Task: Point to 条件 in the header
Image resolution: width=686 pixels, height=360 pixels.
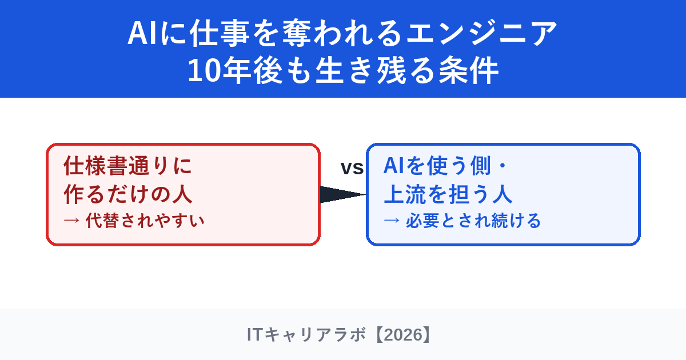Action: [x=469, y=70]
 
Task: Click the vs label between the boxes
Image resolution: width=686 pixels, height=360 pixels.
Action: [x=352, y=168]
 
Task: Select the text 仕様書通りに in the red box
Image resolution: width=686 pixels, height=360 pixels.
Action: [x=127, y=166]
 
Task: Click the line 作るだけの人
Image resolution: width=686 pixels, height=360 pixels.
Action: [x=127, y=194]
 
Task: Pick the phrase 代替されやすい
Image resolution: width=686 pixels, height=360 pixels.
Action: [x=145, y=221]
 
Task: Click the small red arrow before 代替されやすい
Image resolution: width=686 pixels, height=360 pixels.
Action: [x=71, y=221]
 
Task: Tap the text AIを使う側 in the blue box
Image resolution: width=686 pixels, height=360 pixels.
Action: [x=437, y=166]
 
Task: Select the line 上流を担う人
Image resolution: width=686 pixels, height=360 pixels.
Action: [x=448, y=194]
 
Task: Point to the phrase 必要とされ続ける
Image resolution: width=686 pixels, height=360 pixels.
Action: [x=473, y=221]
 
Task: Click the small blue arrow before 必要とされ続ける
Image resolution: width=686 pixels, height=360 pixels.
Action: [x=392, y=221]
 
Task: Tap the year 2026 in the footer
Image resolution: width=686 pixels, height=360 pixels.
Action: [x=403, y=335]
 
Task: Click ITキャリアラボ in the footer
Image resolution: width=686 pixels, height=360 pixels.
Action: [x=306, y=335]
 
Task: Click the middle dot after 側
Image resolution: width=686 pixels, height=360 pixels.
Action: [x=502, y=166]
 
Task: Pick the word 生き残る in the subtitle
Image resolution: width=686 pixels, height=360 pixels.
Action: [x=375, y=70]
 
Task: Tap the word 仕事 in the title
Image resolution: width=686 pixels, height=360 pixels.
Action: [x=220, y=33]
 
